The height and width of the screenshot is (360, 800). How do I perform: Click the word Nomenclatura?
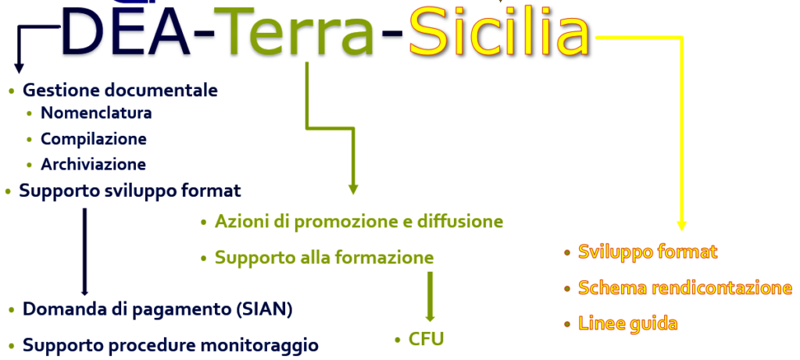coord(96,112)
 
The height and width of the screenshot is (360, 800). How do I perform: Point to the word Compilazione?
coord(94,139)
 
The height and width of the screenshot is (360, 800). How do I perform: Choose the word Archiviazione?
coord(94,164)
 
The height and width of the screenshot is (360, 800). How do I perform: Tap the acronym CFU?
coord(426,339)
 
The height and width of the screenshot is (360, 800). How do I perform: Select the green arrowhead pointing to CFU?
coord(430,318)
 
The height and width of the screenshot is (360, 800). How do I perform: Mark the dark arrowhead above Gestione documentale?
coord(19,68)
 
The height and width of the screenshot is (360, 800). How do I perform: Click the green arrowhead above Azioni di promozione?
coord(353,189)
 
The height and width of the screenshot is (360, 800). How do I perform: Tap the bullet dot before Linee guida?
coord(567,324)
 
